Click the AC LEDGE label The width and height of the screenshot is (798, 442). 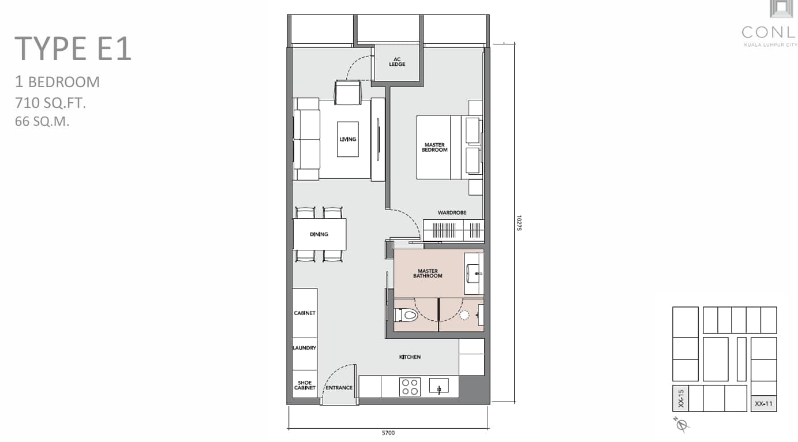[397, 62]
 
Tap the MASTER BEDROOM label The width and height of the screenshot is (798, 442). [434, 148]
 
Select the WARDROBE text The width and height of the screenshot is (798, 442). [452, 212]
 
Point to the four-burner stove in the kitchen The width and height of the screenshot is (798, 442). [410, 387]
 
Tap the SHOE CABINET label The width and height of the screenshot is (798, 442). [305, 385]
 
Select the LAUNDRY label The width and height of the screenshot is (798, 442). [304, 348]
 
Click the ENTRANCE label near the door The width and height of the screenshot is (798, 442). [339, 388]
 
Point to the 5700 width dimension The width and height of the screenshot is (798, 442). [388, 433]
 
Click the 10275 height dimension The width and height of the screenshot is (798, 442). [519, 223]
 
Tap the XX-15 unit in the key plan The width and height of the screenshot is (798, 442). [681, 399]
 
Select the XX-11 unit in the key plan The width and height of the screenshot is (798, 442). [763, 404]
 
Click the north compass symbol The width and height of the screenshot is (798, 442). [681, 424]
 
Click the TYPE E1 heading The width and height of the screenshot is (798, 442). [73, 48]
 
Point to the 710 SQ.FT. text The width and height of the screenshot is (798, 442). [50, 103]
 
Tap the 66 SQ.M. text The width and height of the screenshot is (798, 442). [42, 121]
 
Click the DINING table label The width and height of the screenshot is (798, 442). [319, 234]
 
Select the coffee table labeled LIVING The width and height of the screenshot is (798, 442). [348, 139]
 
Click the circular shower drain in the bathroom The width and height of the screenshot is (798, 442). [464, 315]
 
